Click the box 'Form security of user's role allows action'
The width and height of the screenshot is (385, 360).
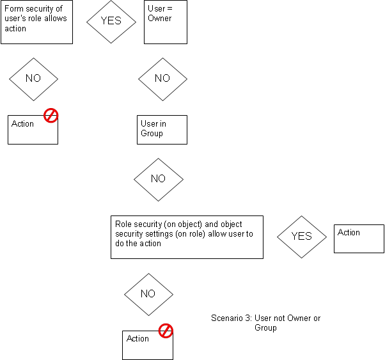click(36, 22)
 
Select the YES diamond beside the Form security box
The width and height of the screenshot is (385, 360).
click(111, 20)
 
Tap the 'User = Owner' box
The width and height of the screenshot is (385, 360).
click(166, 22)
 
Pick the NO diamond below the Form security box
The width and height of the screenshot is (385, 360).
click(33, 79)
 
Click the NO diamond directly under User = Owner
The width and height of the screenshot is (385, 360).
click(163, 79)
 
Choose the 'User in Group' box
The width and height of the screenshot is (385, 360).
click(162, 129)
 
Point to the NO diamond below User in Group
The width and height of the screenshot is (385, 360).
click(159, 179)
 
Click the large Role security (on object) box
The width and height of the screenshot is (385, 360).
click(187, 237)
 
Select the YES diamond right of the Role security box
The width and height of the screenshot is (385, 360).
click(301, 236)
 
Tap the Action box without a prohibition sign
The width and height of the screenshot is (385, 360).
click(359, 239)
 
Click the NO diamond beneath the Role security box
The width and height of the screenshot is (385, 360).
click(148, 294)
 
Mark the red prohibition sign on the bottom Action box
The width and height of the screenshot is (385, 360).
click(166, 331)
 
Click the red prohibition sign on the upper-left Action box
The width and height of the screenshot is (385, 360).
click(51, 116)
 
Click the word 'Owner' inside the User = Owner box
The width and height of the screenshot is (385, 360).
click(160, 19)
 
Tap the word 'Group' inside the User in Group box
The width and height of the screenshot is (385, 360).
click(152, 134)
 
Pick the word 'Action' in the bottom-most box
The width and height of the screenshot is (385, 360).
click(137, 339)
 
